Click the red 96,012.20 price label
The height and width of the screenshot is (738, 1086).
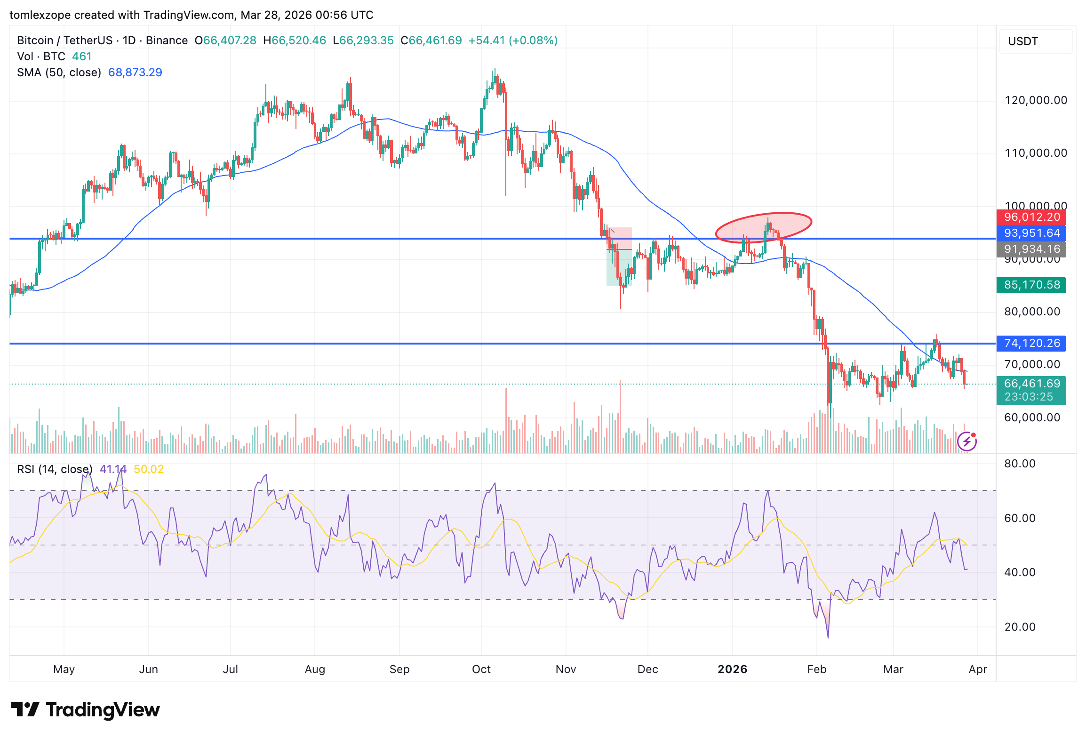(x=1031, y=217)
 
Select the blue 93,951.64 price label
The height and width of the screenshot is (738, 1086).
(x=1031, y=233)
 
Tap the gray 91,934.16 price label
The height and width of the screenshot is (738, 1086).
(x=1031, y=249)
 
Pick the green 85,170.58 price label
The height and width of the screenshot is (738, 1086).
(x=1031, y=285)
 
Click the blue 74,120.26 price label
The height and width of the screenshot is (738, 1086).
(x=1031, y=344)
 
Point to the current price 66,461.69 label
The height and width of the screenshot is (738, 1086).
(x=1031, y=384)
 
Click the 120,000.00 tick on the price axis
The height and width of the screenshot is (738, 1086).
(x=1035, y=100)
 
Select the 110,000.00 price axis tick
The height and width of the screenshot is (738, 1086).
(x=1035, y=153)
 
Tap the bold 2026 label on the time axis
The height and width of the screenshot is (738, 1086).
(x=732, y=669)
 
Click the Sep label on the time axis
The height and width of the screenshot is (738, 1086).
(x=399, y=669)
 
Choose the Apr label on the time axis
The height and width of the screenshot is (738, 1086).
(x=977, y=669)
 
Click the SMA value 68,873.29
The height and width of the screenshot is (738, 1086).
(x=135, y=72)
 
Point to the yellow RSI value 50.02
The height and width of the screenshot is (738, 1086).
(x=149, y=469)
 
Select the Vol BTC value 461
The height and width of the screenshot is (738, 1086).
(x=82, y=56)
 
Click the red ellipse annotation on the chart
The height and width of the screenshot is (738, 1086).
(x=763, y=228)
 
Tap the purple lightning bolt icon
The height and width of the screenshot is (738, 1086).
(x=967, y=441)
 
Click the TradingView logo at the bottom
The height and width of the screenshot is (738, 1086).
(x=86, y=710)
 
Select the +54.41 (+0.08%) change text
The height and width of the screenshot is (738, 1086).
(x=513, y=40)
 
